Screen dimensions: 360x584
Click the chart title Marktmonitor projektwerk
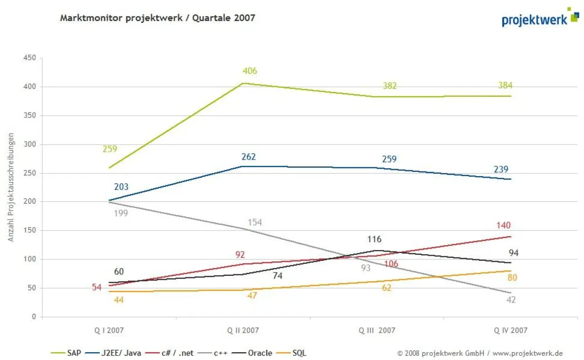coord(157,18)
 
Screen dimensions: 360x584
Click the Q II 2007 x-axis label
coord(243,330)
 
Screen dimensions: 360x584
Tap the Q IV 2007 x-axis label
coord(511,330)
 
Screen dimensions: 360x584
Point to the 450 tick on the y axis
coord(30,58)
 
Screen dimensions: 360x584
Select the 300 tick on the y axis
coord(30,144)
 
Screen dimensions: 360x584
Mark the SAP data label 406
coord(250,72)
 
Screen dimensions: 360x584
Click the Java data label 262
coord(248,157)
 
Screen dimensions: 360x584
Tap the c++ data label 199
coord(121,213)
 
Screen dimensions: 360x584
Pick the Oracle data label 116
coord(374,239)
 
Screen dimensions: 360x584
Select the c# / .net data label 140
coord(503,225)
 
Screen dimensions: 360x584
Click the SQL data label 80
coord(512,278)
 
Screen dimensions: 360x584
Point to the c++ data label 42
coord(511,300)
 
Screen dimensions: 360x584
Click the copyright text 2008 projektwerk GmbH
coord(480,353)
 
